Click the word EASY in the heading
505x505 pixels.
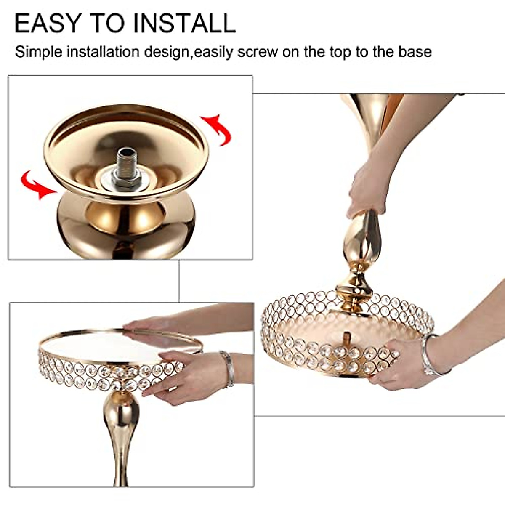coord(46,23)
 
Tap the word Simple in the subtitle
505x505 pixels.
coord(39,52)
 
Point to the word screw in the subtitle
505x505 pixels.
coord(258,52)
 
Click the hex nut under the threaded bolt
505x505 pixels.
coord(125,180)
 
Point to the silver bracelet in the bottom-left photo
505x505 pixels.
coord(229,368)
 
